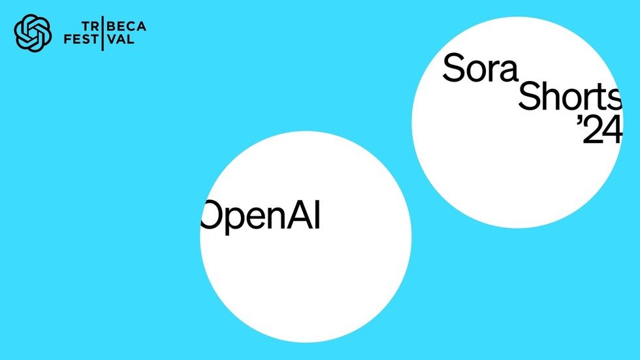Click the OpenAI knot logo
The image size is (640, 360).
pyautogui.click(x=33, y=33)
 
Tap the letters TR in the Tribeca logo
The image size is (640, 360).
pyautogui.click(x=89, y=27)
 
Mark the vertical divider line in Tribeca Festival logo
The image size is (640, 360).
pyautogui.click(x=103, y=33)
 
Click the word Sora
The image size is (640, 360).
pyautogui.click(x=480, y=67)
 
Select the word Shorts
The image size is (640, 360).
pyautogui.click(x=569, y=97)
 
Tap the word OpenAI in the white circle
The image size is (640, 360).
pyautogui.click(x=261, y=216)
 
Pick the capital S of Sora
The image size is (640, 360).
pyautogui.click(x=454, y=67)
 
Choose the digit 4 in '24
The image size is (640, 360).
pyautogui.click(x=612, y=131)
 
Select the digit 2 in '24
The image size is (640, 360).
pyautogui.click(x=593, y=131)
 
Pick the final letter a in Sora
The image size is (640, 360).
pyautogui.click(x=506, y=70)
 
